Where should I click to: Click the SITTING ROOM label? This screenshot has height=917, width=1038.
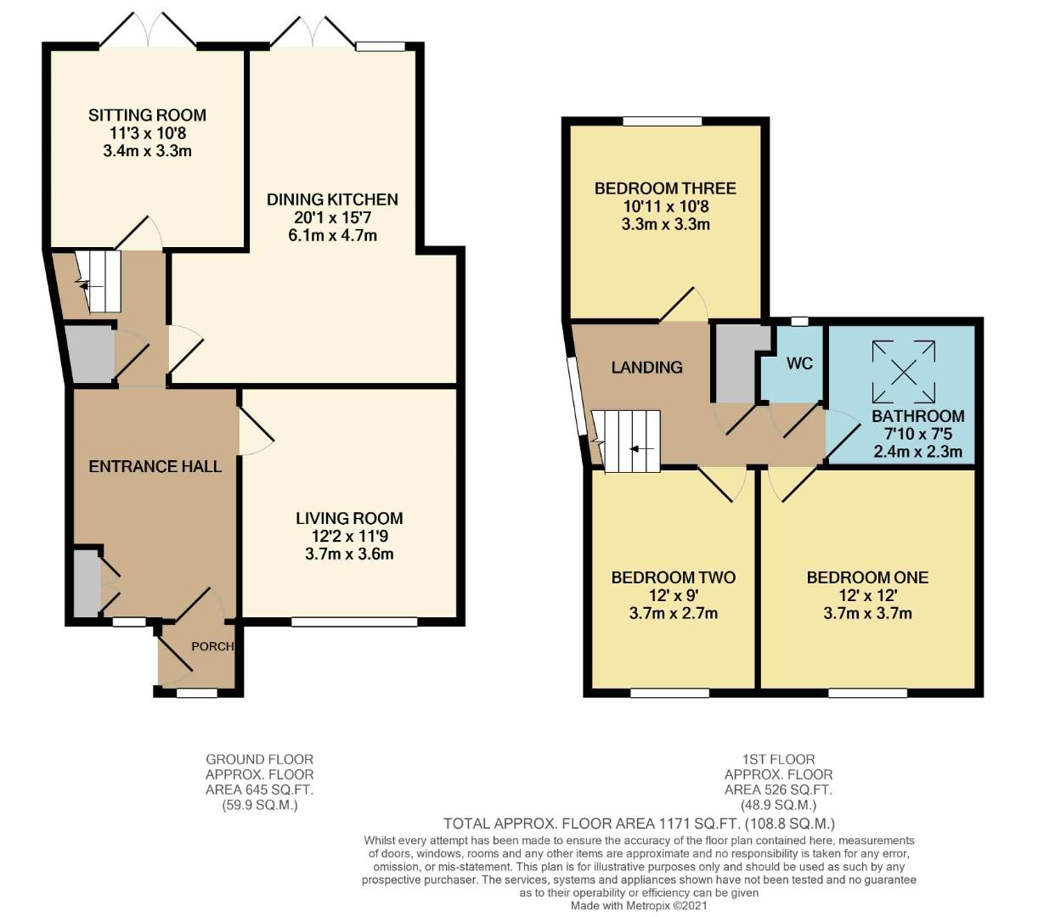click(x=147, y=115)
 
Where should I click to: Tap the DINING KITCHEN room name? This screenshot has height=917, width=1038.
click(x=332, y=200)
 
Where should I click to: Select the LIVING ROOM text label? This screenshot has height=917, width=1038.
click(x=349, y=518)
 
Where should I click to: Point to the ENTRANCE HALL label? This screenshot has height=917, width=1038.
click(x=155, y=466)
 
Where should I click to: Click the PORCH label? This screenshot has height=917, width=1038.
click(x=212, y=646)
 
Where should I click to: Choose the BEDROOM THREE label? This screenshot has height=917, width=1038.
click(x=665, y=188)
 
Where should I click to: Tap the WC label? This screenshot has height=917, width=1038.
click(x=799, y=363)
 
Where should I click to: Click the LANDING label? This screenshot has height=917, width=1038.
click(x=646, y=367)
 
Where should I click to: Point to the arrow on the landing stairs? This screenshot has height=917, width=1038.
click(x=641, y=448)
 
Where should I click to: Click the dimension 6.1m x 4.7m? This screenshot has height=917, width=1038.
click(x=332, y=235)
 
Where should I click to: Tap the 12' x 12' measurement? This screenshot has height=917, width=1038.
click(x=867, y=595)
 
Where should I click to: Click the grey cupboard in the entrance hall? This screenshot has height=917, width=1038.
click(x=86, y=583)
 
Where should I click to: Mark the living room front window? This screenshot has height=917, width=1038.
click(x=354, y=622)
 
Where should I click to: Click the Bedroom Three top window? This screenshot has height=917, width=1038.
click(x=662, y=121)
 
